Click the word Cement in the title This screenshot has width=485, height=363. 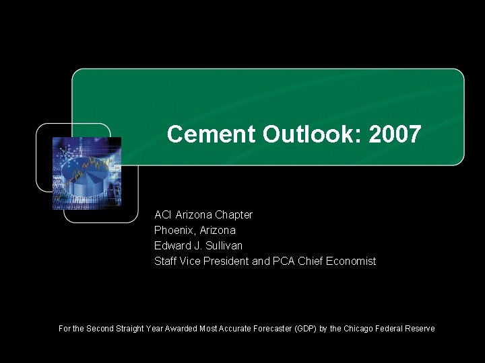coord(211,134)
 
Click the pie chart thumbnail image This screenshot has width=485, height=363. coord(87,173)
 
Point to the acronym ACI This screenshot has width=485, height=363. coord(163,215)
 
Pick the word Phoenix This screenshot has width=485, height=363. coord(175,231)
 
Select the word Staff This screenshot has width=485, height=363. coord(166,261)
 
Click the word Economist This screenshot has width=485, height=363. coord(350,261)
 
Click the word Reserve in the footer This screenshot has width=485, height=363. coord(420,329)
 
